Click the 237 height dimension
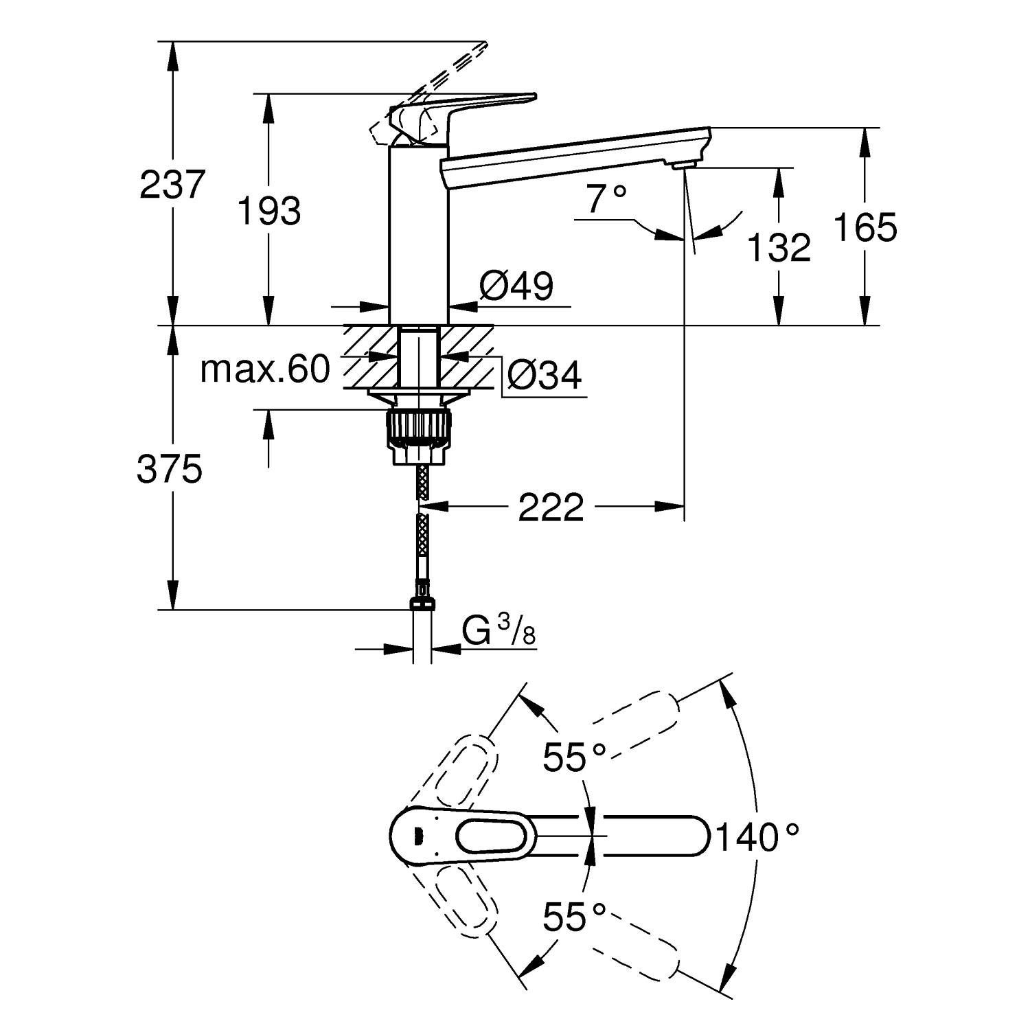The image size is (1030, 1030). (172, 185)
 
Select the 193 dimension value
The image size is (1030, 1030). (269, 211)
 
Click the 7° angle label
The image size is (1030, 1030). (606, 199)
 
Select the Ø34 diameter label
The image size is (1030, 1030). (545, 375)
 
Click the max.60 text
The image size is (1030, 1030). (265, 370)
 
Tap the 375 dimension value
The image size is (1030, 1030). (170, 470)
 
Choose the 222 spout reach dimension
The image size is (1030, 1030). (551, 507)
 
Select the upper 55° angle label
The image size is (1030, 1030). (574, 758)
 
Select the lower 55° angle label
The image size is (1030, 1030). (574, 917)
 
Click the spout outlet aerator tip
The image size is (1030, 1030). (684, 165)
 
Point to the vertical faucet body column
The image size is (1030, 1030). (419, 233)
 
